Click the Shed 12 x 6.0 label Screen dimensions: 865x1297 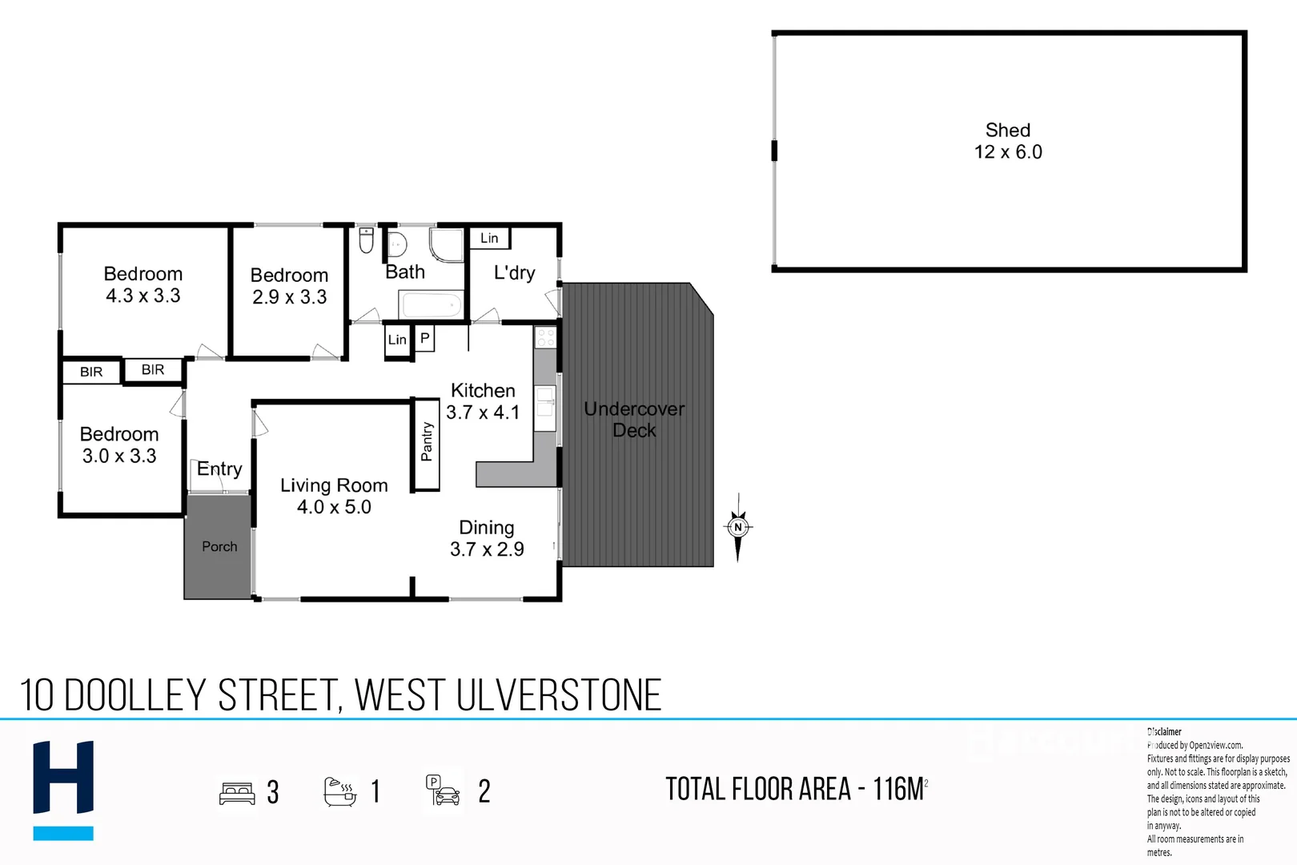click(x=1008, y=141)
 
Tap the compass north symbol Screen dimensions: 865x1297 click(x=738, y=527)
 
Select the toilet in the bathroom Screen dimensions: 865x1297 click(x=366, y=239)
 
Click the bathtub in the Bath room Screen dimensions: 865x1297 click(x=431, y=305)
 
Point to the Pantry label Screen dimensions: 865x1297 click(x=427, y=443)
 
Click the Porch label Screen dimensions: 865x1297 click(x=219, y=546)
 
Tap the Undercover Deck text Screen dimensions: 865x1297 click(x=634, y=420)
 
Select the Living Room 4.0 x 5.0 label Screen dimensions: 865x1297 click(x=334, y=496)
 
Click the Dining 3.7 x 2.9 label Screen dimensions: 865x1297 click(x=487, y=538)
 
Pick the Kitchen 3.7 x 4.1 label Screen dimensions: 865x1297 click(x=483, y=401)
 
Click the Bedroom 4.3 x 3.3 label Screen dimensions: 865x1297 click(x=143, y=284)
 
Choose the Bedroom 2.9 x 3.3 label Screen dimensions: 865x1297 click(x=289, y=286)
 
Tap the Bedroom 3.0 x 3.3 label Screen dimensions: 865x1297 click(x=119, y=445)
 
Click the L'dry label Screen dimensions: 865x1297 click(x=514, y=272)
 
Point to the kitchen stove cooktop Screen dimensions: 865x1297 click(x=545, y=336)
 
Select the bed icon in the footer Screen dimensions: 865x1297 click(x=237, y=793)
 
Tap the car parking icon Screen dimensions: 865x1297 click(x=443, y=791)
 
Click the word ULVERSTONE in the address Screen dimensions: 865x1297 click(x=559, y=695)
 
